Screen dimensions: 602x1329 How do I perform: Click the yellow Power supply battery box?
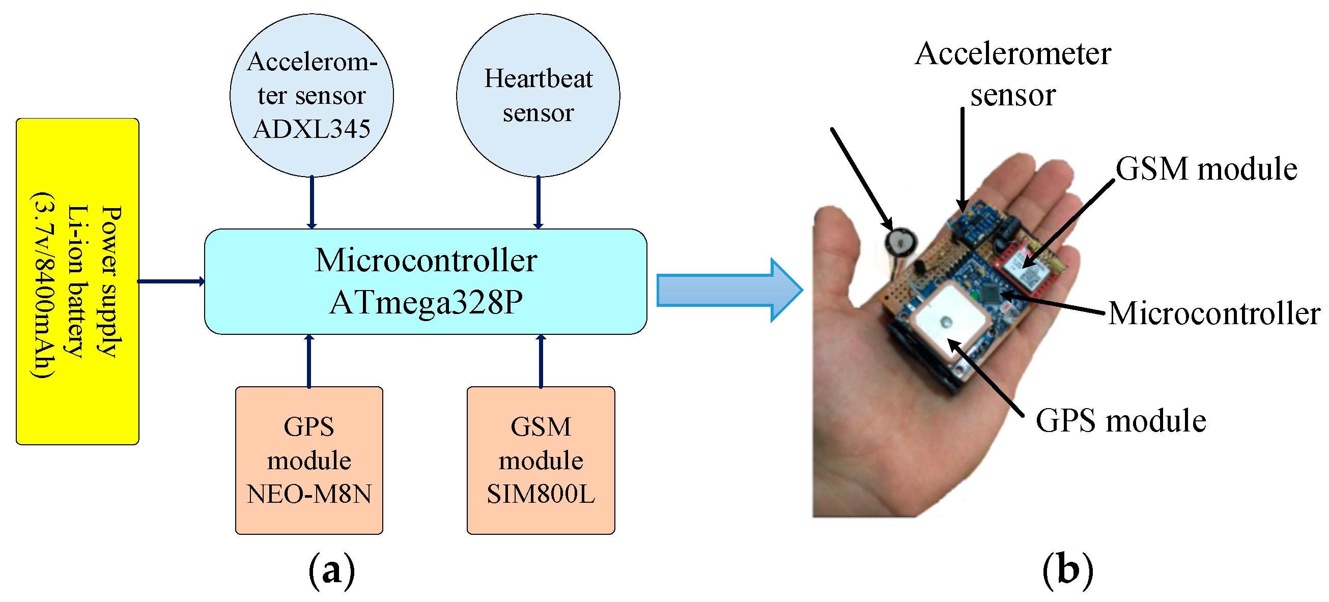77,281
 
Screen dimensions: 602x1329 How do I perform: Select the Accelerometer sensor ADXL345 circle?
312,96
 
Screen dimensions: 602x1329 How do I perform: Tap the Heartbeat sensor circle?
538,96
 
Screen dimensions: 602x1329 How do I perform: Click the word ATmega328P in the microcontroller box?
426,303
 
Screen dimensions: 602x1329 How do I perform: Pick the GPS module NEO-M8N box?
309,460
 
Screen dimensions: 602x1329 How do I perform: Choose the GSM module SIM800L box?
541,460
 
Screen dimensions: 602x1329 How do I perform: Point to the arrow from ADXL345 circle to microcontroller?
312,202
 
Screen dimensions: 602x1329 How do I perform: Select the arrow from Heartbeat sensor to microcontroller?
538,202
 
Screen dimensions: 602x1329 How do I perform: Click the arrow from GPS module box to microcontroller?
309,361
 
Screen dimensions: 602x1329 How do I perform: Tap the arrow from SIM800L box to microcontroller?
541,361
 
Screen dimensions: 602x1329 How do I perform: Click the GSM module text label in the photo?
1206,169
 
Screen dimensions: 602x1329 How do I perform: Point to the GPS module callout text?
1121,420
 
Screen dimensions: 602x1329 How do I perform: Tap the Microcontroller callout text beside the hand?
1214,313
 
